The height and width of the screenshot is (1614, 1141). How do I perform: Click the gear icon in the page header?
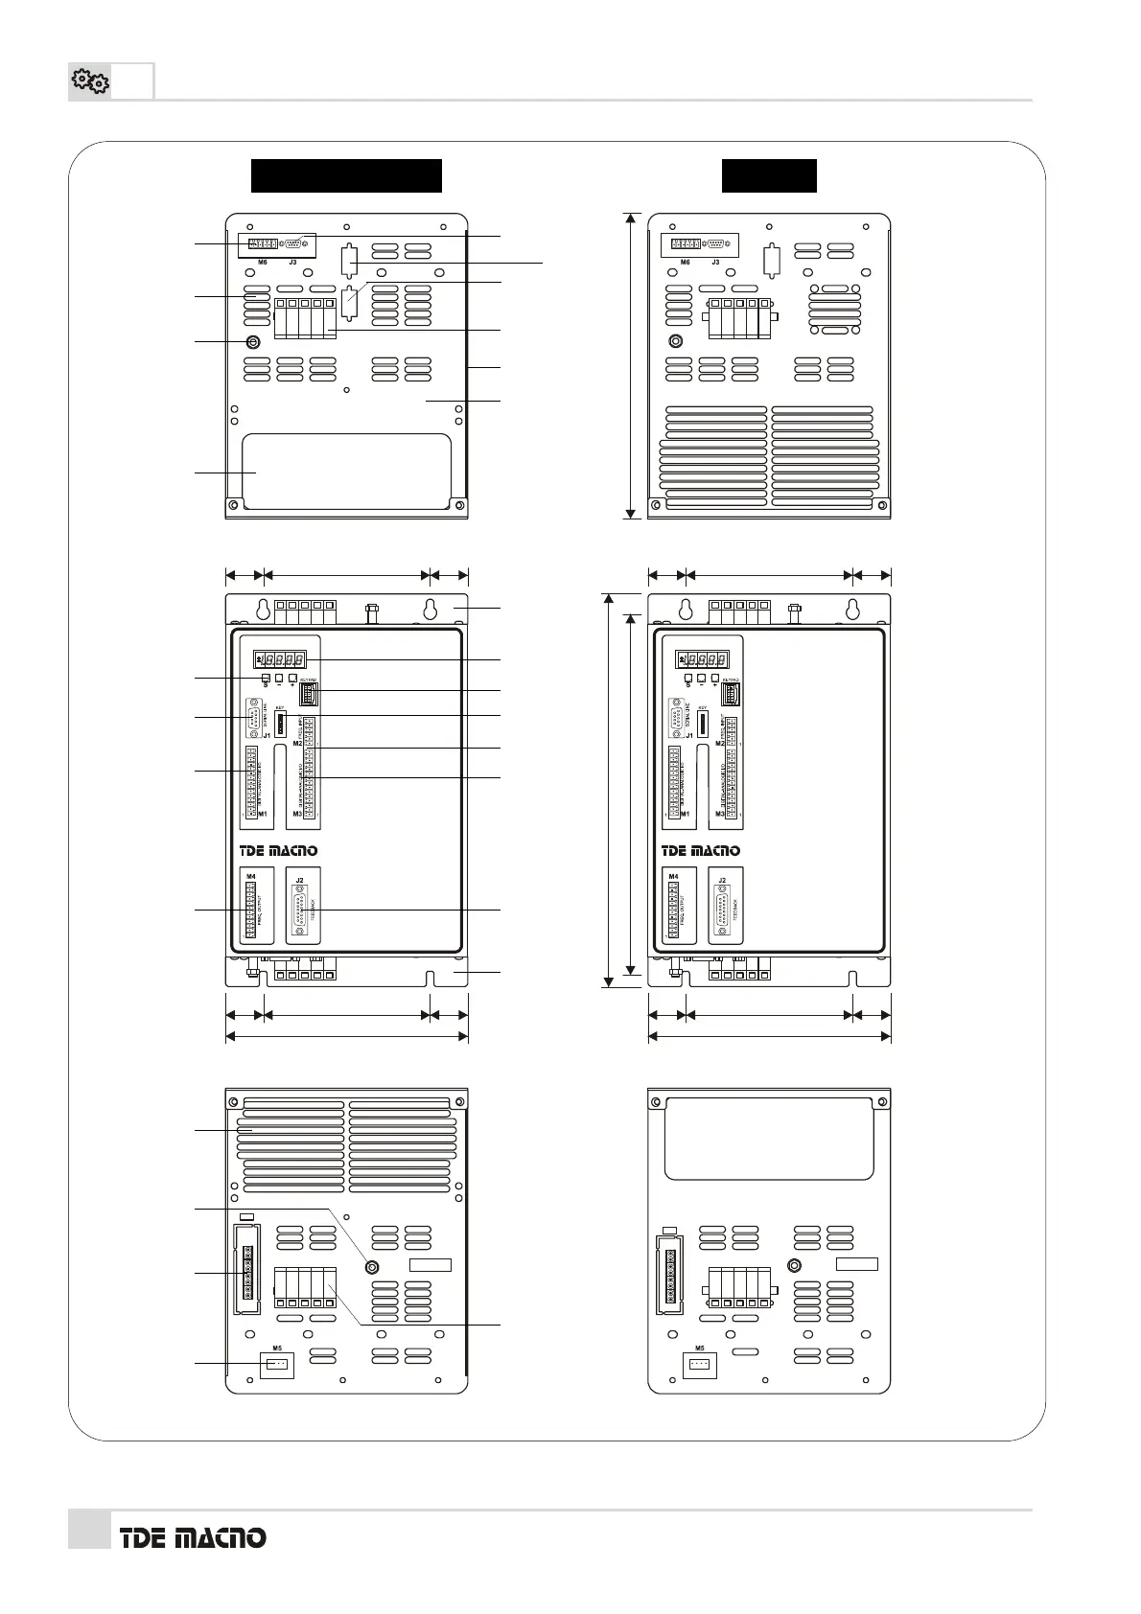pos(90,82)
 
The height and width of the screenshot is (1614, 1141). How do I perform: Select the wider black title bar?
pos(346,176)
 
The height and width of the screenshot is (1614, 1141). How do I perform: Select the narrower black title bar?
pos(769,176)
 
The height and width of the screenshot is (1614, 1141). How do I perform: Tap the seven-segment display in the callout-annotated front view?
pos(280,659)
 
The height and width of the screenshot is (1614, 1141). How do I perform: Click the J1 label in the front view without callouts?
pos(688,736)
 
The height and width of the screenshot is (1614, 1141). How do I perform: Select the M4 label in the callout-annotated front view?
pos(251,876)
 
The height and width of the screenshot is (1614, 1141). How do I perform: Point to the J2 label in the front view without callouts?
pos(722,880)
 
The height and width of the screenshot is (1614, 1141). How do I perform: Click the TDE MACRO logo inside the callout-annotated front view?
pos(278,850)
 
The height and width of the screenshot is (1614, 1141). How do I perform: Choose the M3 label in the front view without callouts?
pos(720,814)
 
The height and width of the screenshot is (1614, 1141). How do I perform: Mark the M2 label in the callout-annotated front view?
pos(297,744)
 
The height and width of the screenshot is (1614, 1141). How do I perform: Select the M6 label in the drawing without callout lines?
pos(685,262)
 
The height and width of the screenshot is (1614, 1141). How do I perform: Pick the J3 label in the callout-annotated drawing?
pos(292,262)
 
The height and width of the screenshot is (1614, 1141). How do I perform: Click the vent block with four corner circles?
pos(834,309)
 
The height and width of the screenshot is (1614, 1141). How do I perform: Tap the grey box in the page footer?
pos(89,1529)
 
